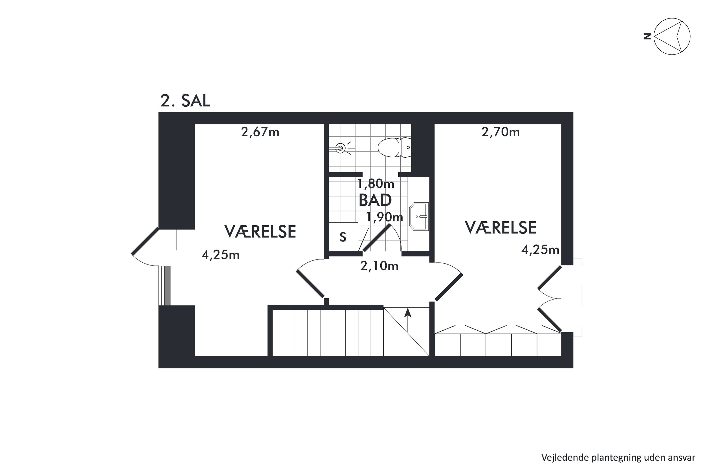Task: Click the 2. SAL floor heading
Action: [185, 101]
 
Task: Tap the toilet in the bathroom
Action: [395, 147]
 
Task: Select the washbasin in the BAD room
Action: [419, 216]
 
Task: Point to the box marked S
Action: [343, 237]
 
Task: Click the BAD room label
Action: [375, 200]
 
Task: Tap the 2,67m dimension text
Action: [260, 132]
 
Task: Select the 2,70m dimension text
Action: [500, 132]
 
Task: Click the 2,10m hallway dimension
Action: [379, 266]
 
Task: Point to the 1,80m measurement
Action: [375, 183]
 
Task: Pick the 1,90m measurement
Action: [384, 217]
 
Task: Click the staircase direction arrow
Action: [408, 320]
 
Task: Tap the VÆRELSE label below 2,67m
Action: [260, 232]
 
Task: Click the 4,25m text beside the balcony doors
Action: [540, 250]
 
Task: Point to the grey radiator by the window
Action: [168, 286]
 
